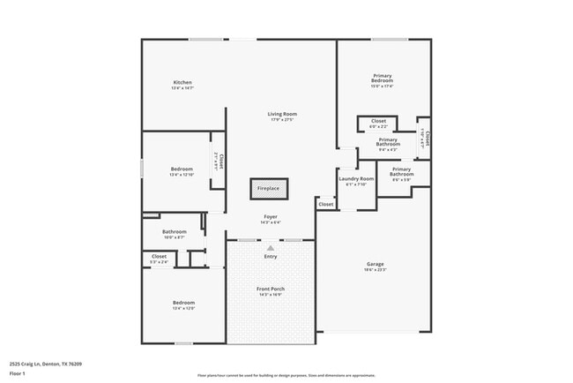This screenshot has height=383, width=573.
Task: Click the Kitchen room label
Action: (x=182, y=83)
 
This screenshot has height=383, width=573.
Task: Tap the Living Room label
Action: (x=282, y=114)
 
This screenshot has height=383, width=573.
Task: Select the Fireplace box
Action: (x=268, y=188)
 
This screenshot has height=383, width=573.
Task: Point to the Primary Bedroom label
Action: (x=382, y=78)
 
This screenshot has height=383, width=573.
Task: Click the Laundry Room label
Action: (x=356, y=179)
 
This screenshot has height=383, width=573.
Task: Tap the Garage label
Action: (x=376, y=264)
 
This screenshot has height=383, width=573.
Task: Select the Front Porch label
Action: (x=271, y=289)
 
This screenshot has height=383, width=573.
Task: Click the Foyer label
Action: (x=271, y=216)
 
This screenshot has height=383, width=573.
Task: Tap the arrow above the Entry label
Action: (x=271, y=248)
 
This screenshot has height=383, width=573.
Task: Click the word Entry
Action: (x=271, y=256)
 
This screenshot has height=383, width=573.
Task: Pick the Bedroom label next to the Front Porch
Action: (x=182, y=303)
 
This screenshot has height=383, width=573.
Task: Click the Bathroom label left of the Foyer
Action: (x=174, y=232)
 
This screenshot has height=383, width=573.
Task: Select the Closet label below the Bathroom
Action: (x=159, y=257)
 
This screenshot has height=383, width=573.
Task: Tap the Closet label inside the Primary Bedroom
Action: (x=378, y=121)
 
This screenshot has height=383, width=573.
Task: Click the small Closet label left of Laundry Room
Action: (x=326, y=204)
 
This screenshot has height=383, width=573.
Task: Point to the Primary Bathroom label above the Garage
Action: (x=402, y=171)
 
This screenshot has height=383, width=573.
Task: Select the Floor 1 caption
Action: (x=18, y=373)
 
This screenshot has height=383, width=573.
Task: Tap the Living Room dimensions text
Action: (x=282, y=119)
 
